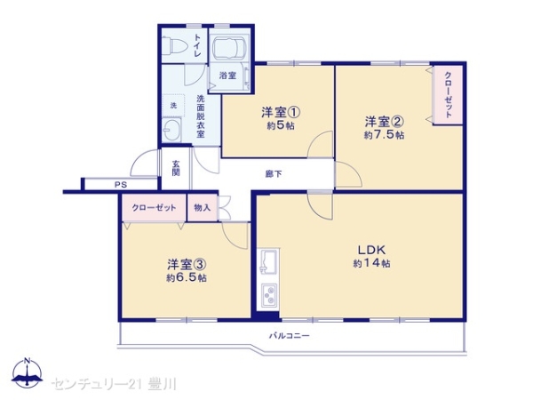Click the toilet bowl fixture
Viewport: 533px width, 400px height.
pos(174,45)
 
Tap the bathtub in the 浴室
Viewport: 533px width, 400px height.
pos(229,48)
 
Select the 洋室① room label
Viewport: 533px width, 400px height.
pos(281,113)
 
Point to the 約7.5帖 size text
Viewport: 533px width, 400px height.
pos(384,135)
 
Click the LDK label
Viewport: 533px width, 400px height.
pos(371,250)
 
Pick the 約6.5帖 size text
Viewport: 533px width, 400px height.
pos(187,278)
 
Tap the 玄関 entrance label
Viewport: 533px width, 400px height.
pos(175,168)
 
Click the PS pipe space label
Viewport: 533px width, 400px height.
pos(121,185)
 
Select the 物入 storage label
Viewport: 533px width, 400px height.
pos(203,207)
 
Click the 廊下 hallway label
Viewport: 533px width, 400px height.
pos(274,174)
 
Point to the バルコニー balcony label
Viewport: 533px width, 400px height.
pos(290,336)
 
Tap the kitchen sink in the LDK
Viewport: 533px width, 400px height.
pos(268,262)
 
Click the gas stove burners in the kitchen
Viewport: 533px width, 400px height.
pos(269,295)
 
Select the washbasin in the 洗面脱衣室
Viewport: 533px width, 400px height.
pos(171,130)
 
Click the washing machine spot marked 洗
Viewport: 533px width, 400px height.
pos(173,106)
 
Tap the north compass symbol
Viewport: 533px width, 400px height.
pos(28,373)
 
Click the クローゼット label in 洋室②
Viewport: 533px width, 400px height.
pos(448,95)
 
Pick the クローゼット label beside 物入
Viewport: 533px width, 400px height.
pos(155,207)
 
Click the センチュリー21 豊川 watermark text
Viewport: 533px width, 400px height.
pos(114,384)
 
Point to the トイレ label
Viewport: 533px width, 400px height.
pos(197,45)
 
